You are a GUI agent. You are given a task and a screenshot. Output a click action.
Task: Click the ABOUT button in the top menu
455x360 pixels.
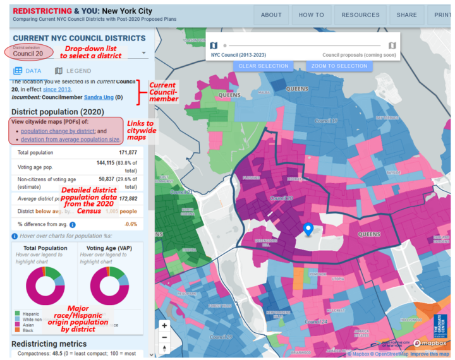(x=271, y=15)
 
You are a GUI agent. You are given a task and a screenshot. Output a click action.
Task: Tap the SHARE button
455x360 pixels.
(x=407, y=15)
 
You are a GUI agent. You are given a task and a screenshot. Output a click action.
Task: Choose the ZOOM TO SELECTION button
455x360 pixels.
(x=339, y=66)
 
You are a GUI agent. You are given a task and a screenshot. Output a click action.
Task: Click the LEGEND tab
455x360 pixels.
(x=73, y=71)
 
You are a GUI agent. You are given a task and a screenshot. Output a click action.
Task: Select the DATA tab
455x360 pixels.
(x=28, y=71)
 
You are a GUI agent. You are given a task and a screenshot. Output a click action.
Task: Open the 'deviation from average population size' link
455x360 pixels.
(x=70, y=139)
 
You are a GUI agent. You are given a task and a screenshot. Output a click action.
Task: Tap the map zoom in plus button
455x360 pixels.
(x=164, y=326)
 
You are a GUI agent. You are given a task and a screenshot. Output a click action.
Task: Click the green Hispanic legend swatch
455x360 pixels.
(x=17, y=313)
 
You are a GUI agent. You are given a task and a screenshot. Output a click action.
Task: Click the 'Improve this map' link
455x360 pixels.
(x=430, y=354)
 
